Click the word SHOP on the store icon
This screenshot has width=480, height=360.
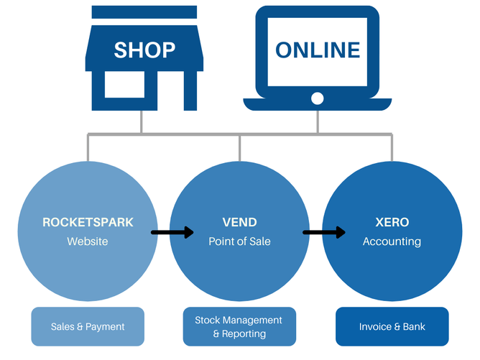[144, 50]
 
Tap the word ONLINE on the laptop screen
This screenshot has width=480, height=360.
[318, 50]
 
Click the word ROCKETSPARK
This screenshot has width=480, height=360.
[88, 222]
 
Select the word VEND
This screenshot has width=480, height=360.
[239, 222]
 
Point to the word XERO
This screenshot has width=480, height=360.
[392, 222]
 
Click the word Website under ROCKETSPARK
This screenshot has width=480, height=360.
[88, 241]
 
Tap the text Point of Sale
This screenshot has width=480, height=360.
[239, 241]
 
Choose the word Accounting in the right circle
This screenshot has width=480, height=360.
[392, 241]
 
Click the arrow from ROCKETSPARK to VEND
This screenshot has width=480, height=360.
[172, 232]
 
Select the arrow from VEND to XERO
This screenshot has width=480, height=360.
[324, 232]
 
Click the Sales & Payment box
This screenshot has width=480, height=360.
[88, 326]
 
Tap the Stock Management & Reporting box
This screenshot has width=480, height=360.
[239, 326]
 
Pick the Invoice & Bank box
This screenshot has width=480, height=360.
[392, 326]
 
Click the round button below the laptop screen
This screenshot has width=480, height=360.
[318, 97]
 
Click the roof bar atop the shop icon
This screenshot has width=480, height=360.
[144, 11]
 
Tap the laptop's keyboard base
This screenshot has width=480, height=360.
[318, 106]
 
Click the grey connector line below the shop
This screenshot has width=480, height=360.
[142, 122]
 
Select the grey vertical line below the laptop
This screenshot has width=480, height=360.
[318, 122]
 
